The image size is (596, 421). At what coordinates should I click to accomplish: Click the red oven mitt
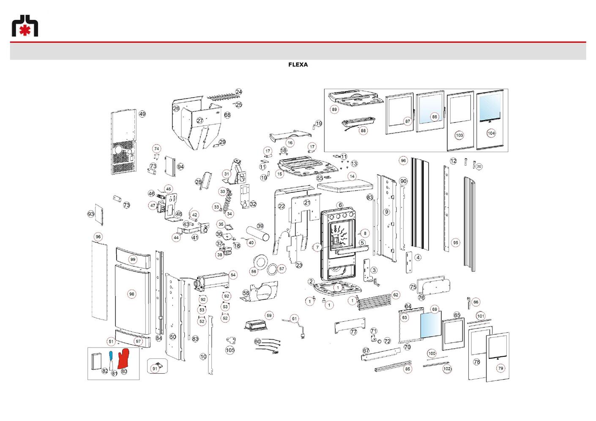(x=123, y=358)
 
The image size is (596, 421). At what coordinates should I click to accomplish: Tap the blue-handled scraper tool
(x=111, y=360)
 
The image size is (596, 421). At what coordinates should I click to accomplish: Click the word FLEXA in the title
(x=298, y=65)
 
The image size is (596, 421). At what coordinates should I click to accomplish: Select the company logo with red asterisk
(x=25, y=25)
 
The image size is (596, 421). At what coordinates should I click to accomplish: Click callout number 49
(x=142, y=114)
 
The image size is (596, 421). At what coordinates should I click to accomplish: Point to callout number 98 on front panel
(x=132, y=294)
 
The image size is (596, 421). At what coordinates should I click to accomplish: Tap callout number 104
(x=491, y=133)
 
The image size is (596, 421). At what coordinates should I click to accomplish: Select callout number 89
(x=334, y=109)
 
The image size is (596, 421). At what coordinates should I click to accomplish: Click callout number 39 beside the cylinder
(x=260, y=226)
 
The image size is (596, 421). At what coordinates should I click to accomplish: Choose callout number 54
(x=233, y=275)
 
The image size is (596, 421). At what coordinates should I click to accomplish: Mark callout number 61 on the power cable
(x=294, y=319)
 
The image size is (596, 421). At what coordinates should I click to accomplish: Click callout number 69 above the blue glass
(x=435, y=309)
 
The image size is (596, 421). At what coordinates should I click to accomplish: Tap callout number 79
(x=501, y=368)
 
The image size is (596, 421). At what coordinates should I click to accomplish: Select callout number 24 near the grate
(x=239, y=92)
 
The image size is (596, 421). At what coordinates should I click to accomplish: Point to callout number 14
(x=352, y=176)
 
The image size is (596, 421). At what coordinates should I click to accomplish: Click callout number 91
(x=155, y=369)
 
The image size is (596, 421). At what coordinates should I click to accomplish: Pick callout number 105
(x=230, y=350)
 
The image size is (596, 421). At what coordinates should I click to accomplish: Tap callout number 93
(x=91, y=214)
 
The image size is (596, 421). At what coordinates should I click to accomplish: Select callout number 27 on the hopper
(x=200, y=120)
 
